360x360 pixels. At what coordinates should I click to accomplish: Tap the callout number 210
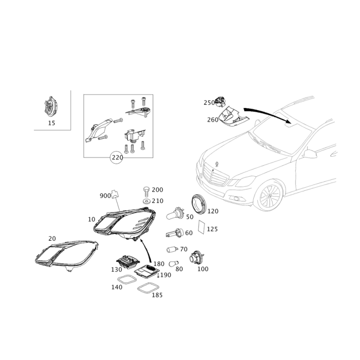[x=157, y=201]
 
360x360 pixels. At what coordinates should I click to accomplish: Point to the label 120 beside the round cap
[x=212, y=211]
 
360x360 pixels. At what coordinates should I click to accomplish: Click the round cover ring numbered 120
[x=198, y=204]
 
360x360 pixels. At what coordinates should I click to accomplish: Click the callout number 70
[x=184, y=248]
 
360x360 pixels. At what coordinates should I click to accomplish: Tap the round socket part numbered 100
[x=196, y=257]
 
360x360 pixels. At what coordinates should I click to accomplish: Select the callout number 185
[x=157, y=296]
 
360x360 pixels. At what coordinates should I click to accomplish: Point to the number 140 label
[x=117, y=287]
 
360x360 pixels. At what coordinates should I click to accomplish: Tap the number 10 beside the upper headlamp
[x=91, y=219]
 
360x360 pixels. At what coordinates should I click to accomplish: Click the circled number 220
[x=116, y=157]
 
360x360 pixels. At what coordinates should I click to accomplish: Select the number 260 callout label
[x=212, y=120]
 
